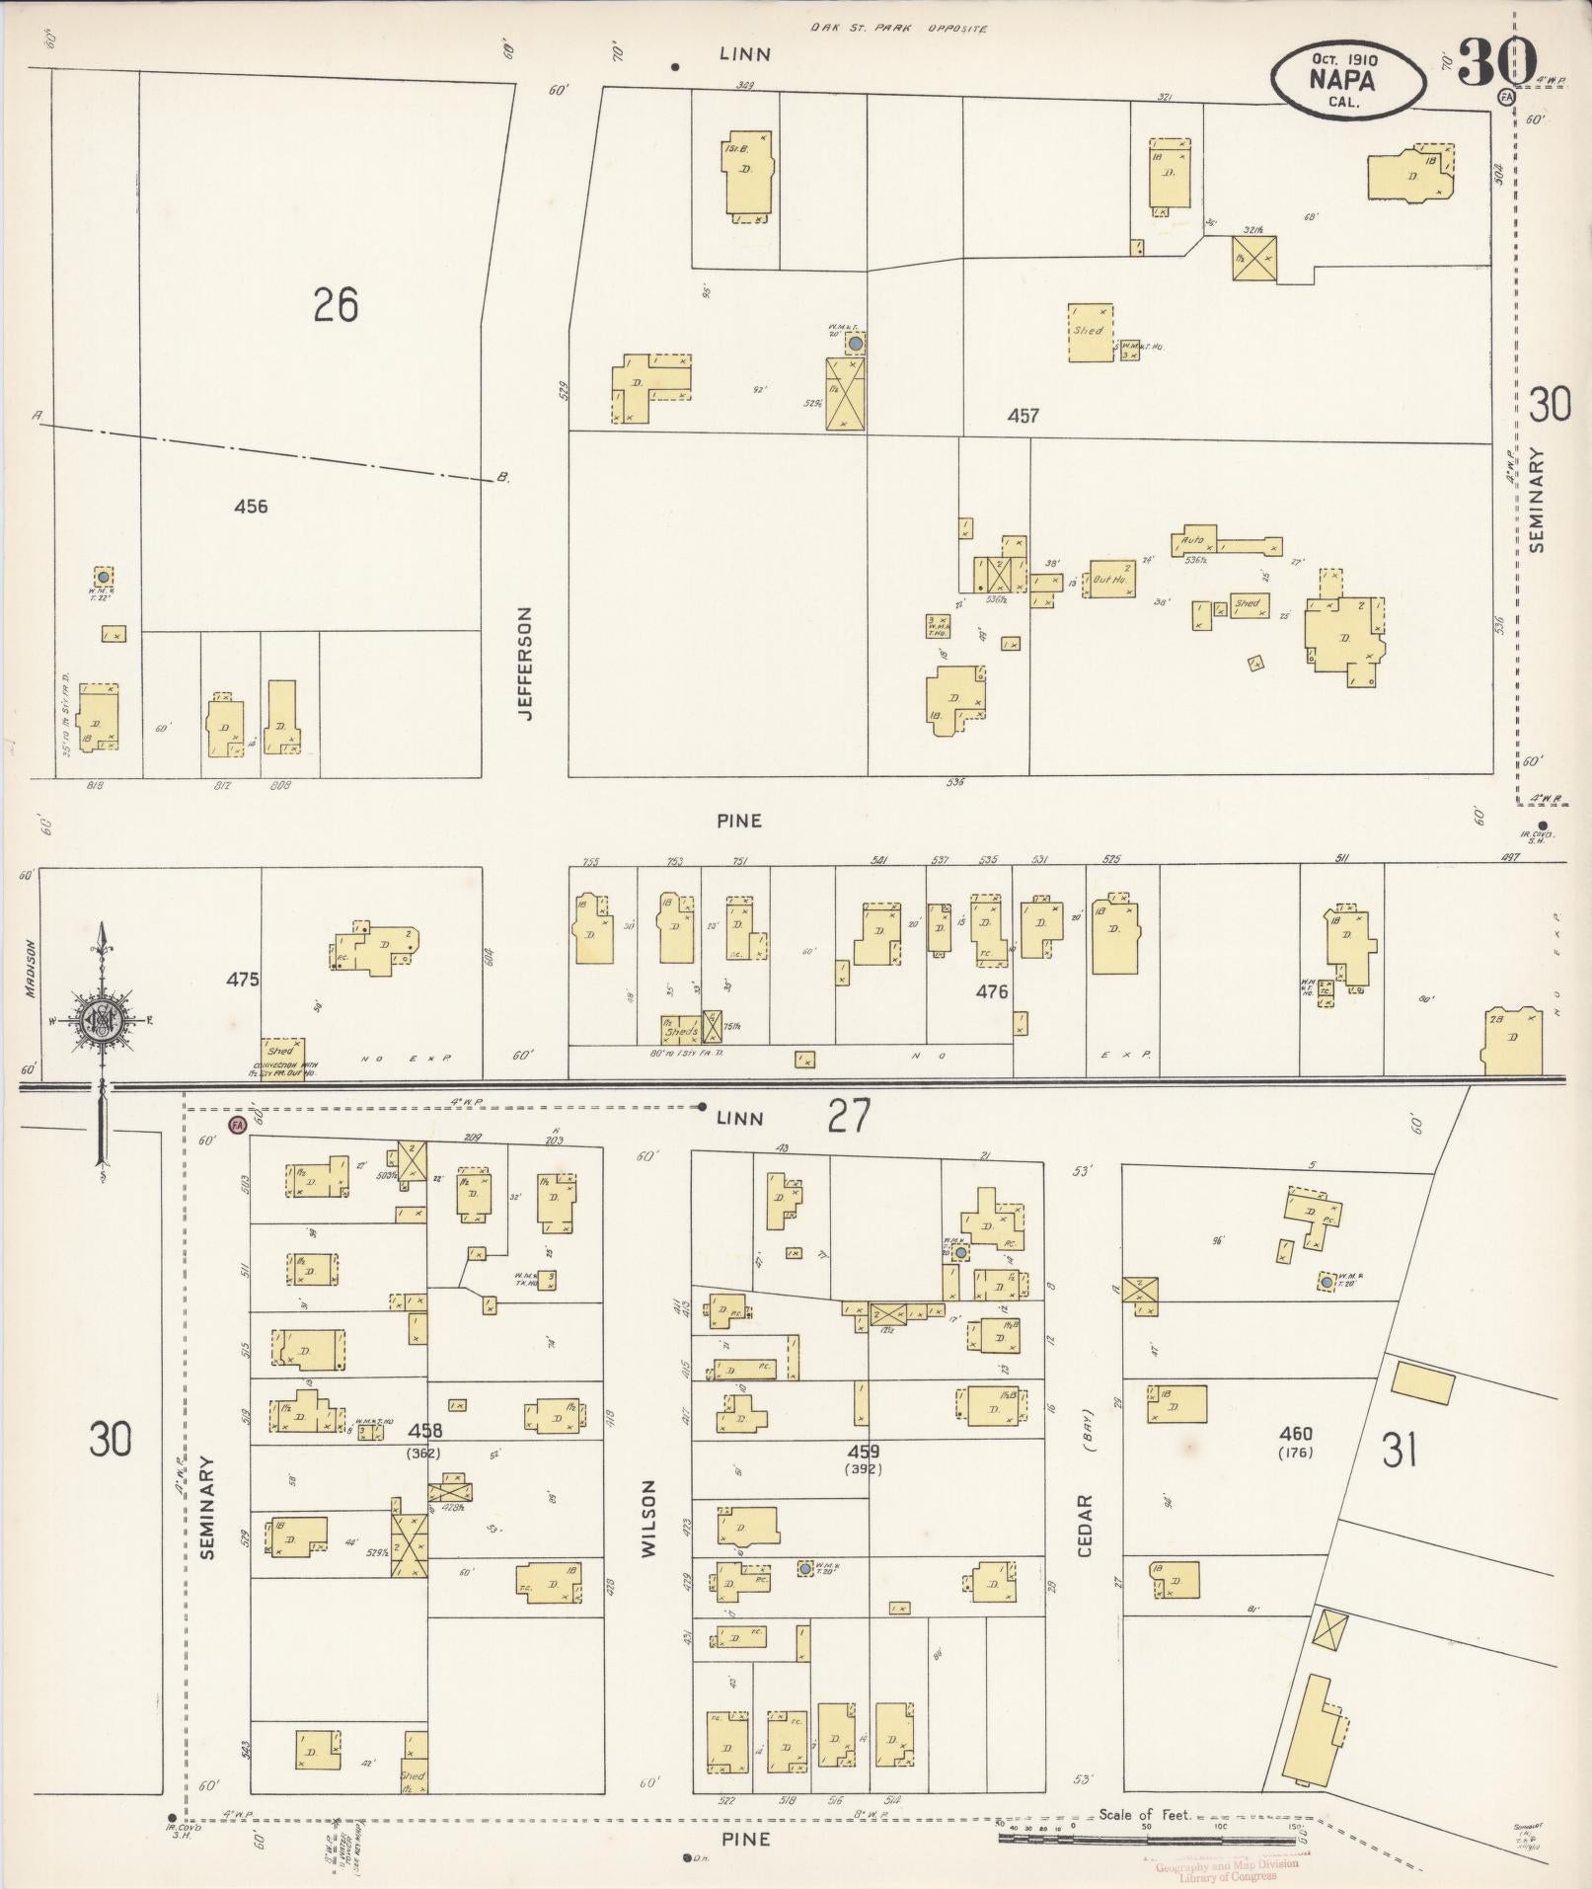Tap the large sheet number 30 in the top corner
click(x=1495, y=60)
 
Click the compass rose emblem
click(x=102, y=1023)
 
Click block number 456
click(x=251, y=507)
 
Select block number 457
click(x=1023, y=416)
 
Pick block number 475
click(x=242, y=980)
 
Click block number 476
click(x=992, y=991)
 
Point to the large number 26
click(x=335, y=305)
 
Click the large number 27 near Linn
click(x=849, y=1116)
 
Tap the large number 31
click(x=1399, y=1451)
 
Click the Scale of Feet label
click(x=1145, y=1815)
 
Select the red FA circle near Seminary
click(x=237, y=1125)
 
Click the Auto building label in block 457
click(x=1192, y=540)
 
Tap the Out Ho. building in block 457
click(x=1112, y=580)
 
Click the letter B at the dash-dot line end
click(x=503, y=478)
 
